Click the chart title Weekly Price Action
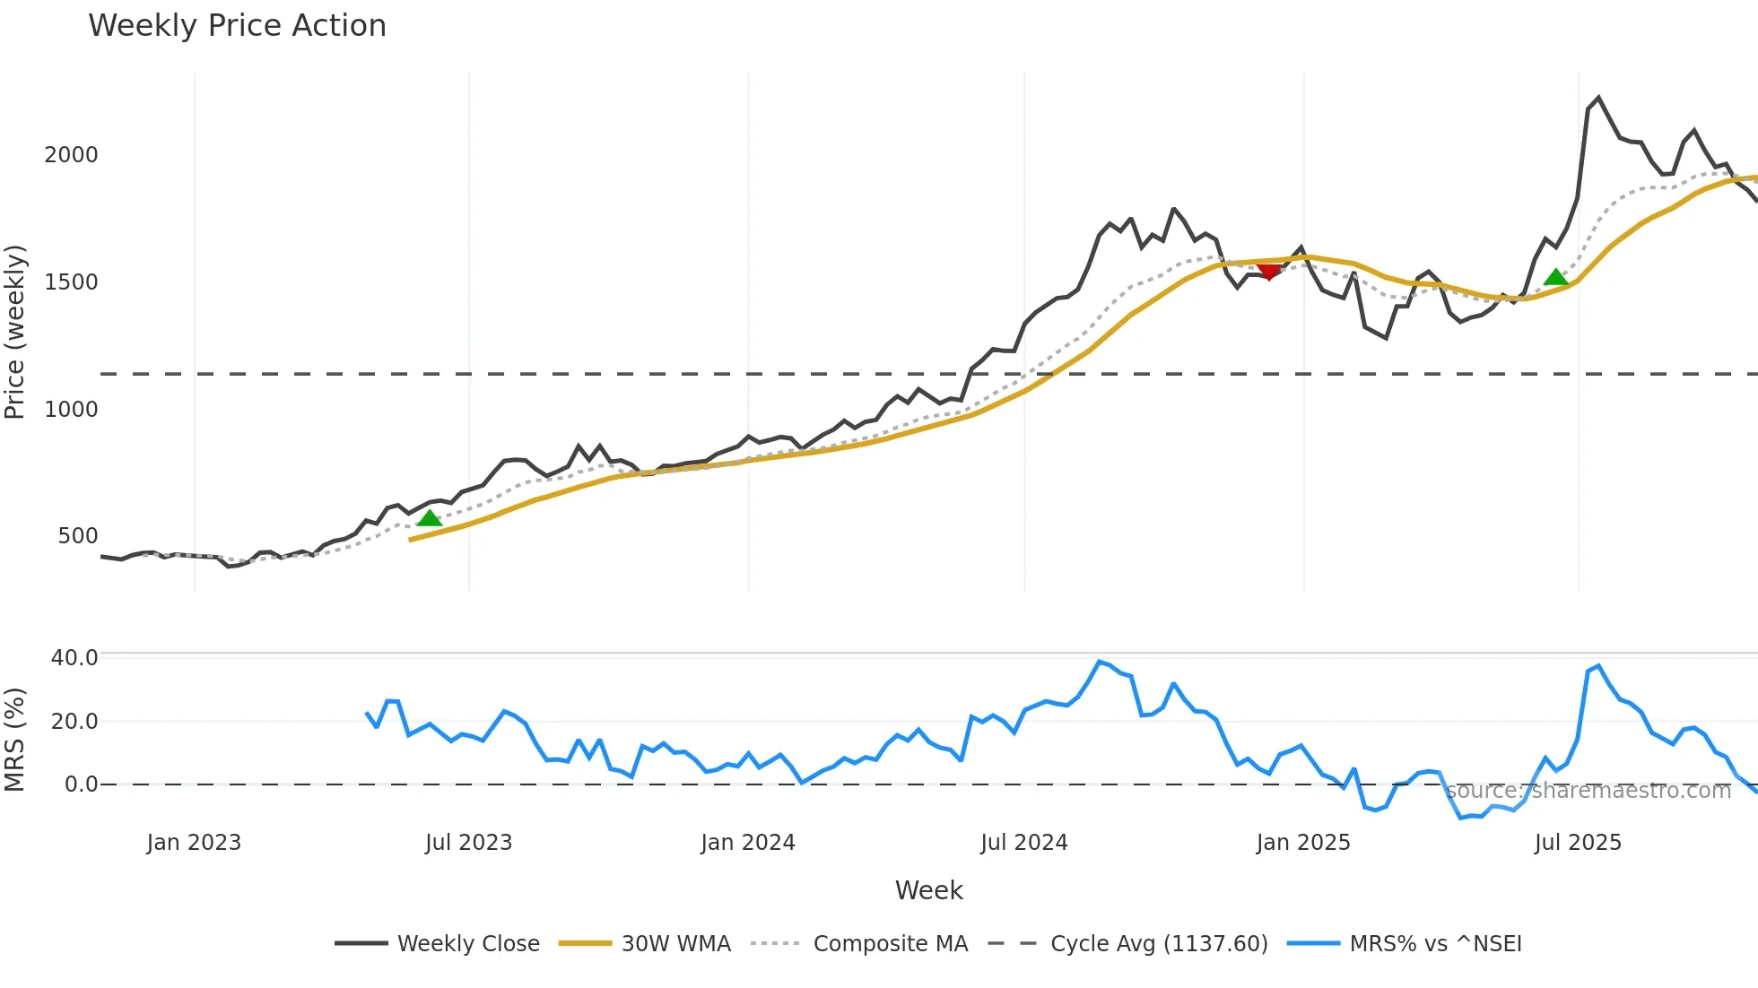coord(237,26)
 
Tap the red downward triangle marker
coord(1269,271)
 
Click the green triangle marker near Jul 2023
coord(430,518)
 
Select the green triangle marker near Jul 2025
coord(1556,277)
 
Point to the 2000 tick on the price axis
coord(71,155)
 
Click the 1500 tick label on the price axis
coord(71,282)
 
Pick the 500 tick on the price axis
coord(77,536)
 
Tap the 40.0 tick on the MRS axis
coord(74,658)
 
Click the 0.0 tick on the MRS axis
coord(80,784)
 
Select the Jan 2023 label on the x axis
coord(194,843)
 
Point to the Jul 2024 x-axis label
coord(1023,843)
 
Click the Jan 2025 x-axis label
coord(1302,843)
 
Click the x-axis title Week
coord(928,890)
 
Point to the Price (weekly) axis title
coord(15,332)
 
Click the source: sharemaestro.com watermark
coord(1588,791)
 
